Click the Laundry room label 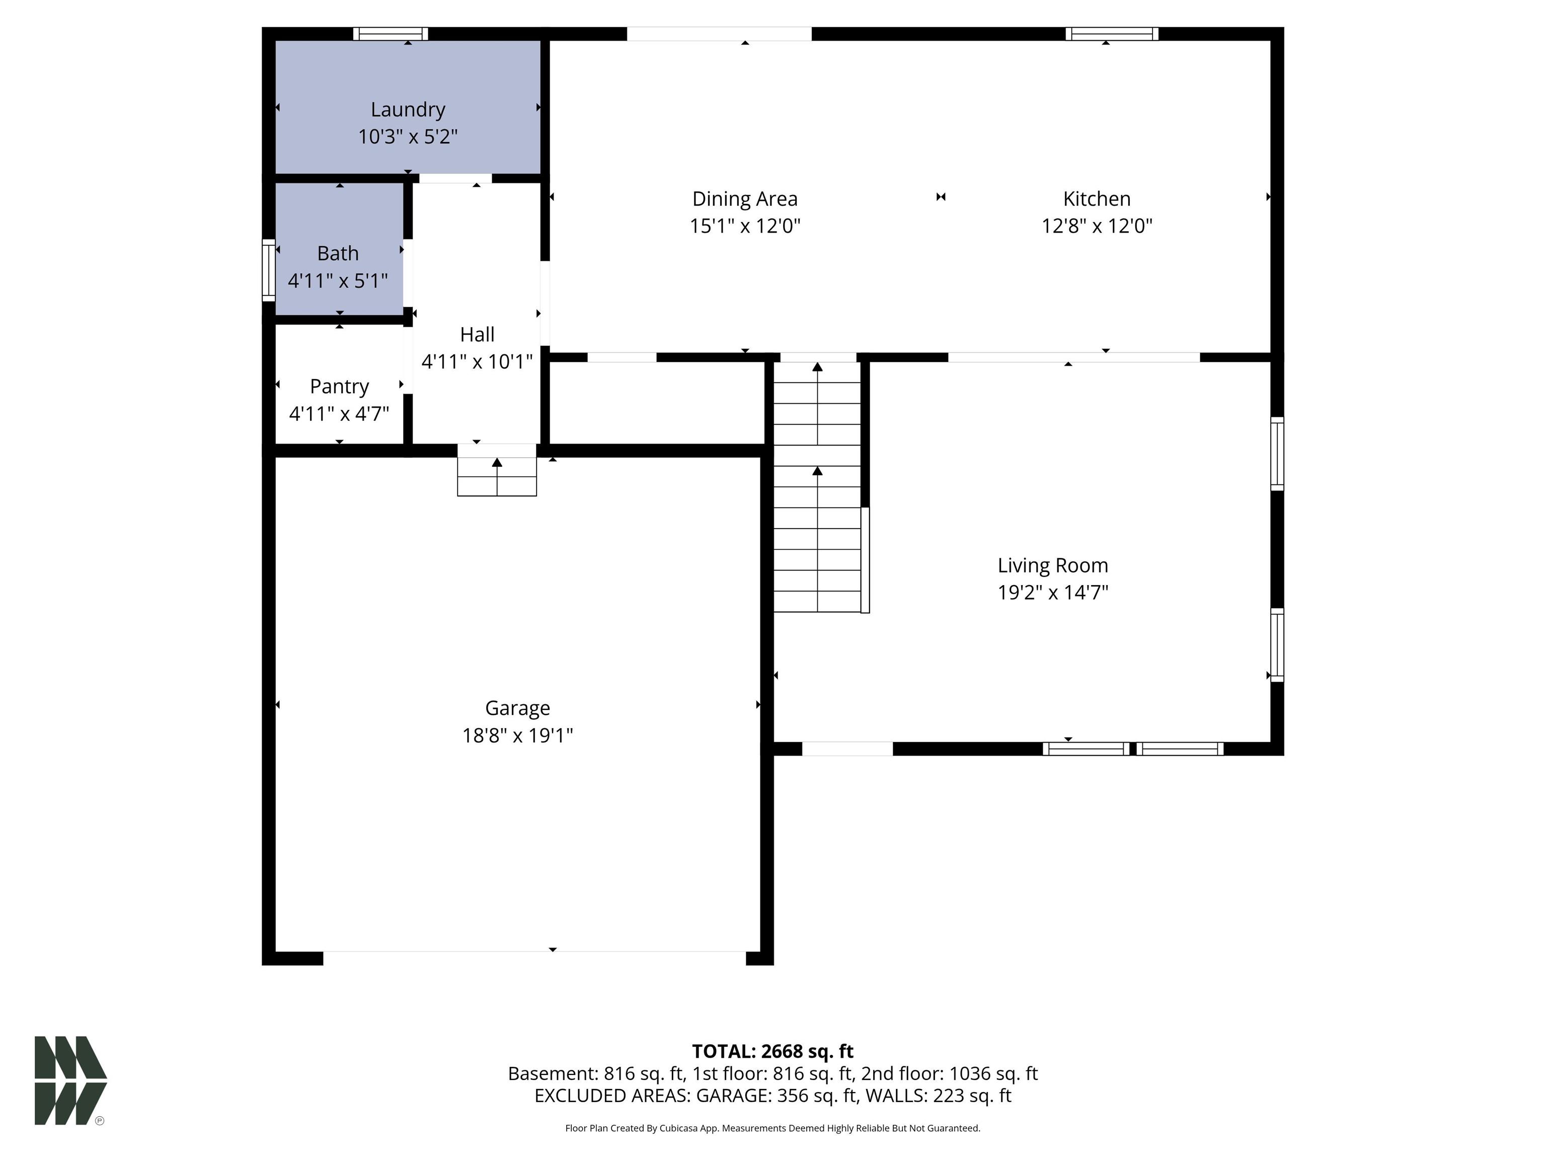pos(408,110)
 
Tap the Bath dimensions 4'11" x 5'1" pos(338,280)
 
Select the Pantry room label pos(339,386)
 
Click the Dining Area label pos(744,199)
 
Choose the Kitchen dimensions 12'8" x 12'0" pos(1096,226)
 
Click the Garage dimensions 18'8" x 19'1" pos(517,736)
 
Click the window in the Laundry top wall pos(390,34)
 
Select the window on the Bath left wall pos(268,270)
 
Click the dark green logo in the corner pos(70,1080)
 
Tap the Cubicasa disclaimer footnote pos(772,1128)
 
